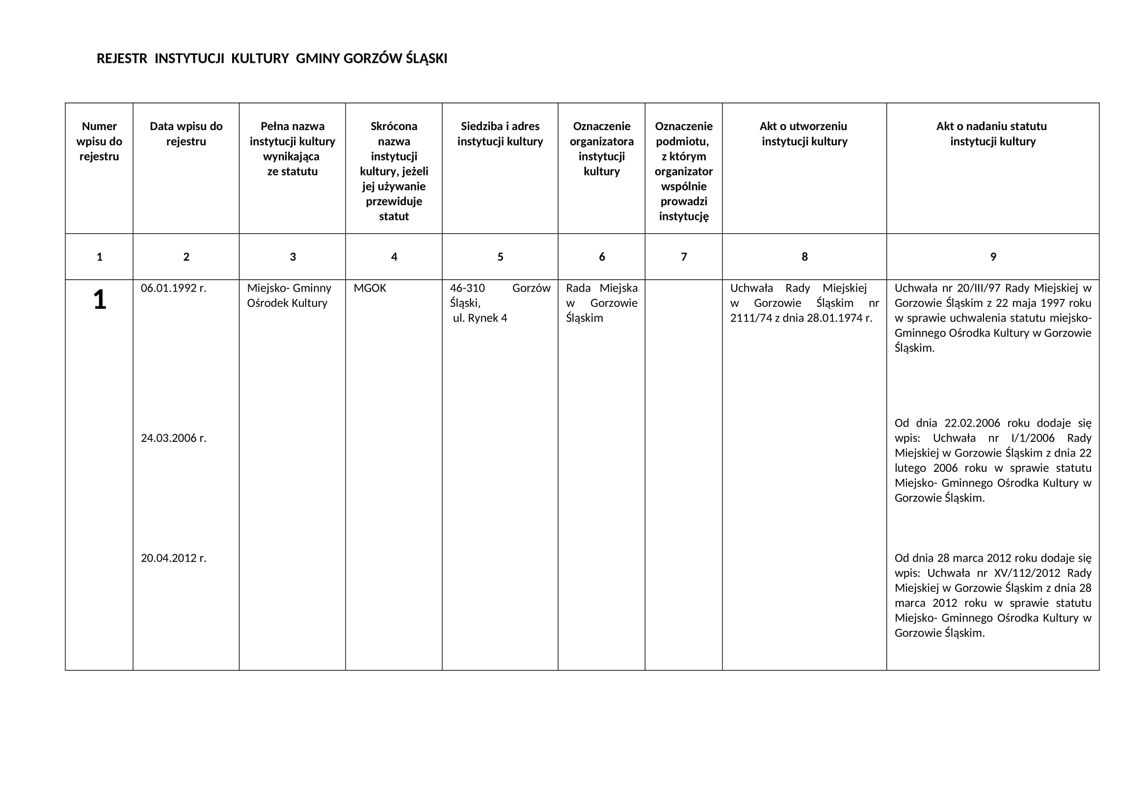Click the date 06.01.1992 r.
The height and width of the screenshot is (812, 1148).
[x=173, y=288]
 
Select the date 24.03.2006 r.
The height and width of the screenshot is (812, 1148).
[x=173, y=438]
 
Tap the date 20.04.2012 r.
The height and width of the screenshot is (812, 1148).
[x=173, y=558]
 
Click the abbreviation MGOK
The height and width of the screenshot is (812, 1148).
[x=370, y=288]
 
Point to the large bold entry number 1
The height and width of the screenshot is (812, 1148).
[x=100, y=300]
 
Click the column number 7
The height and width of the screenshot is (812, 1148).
[x=684, y=257]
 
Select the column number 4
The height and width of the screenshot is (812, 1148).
[x=394, y=257]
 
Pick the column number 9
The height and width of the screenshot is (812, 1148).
[x=993, y=257]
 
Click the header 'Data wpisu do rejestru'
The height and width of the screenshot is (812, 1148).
[x=186, y=134]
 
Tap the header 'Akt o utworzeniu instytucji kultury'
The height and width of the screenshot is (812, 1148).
[x=804, y=134]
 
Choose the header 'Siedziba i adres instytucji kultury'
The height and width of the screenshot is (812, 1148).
[x=500, y=134]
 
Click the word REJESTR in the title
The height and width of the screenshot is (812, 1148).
[x=122, y=59]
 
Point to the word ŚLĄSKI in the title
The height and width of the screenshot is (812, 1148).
[x=426, y=59]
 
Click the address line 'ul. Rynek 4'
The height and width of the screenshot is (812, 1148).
[x=480, y=318]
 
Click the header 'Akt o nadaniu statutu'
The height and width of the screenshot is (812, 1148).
[x=991, y=126]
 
